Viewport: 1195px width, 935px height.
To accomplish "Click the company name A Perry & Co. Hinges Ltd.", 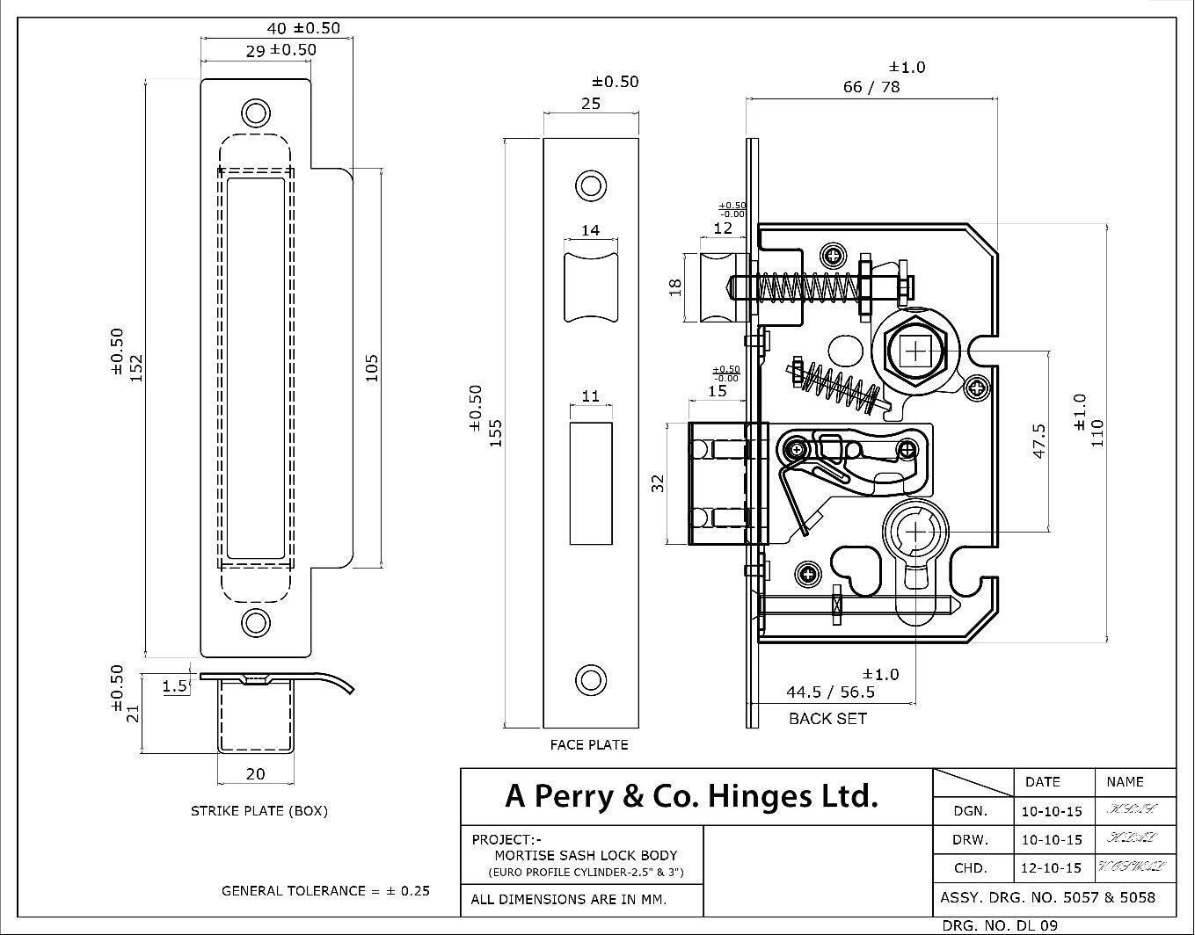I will (x=691, y=796).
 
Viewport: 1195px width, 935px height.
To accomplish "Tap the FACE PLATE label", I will (x=589, y=744).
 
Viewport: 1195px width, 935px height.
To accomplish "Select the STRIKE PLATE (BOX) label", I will (x=259, y=810).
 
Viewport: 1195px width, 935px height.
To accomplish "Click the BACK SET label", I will (x=827, y=718).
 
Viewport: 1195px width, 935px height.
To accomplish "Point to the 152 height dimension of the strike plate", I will (x=136, y=367).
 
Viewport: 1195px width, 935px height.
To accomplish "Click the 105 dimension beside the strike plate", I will (x=371, y=367).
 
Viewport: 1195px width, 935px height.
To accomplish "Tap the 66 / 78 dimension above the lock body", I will (x=871, y=86).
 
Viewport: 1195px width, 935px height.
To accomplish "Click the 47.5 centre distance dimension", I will (x=1038, y=441).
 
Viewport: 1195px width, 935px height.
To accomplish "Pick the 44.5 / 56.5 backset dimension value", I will (x=830, y=692).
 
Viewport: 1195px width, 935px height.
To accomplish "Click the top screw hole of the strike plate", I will (x=256, y=113).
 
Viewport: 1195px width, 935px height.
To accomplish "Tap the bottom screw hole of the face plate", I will (x=590, y=679).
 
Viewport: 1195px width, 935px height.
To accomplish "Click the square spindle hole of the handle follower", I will (x=915, y=352).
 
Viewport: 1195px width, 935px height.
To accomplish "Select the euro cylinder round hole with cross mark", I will (x=916, y=533).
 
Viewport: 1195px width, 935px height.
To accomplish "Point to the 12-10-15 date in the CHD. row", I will (x=1052, y=867).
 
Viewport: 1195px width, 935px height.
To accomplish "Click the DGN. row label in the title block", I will (x=971, y=811).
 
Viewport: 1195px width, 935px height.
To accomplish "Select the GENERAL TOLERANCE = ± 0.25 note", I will (x=325, y=890).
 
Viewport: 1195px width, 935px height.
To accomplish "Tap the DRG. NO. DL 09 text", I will (x=999, y=924).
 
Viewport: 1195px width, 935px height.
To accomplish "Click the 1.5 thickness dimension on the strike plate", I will (x=175, y=685).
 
